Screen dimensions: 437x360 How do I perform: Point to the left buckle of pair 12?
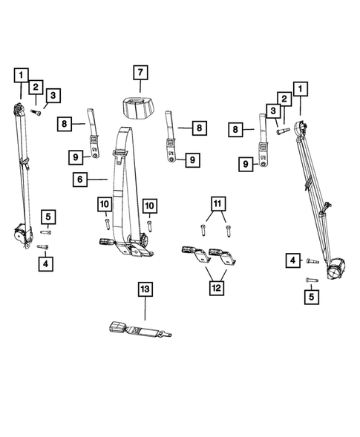pyautogui.click(x=191, y=253)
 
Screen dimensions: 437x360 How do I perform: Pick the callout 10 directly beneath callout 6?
pyautogui.click(x=104, y=204)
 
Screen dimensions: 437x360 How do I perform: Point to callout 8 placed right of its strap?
pyautogui.click(x=198, y=128)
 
